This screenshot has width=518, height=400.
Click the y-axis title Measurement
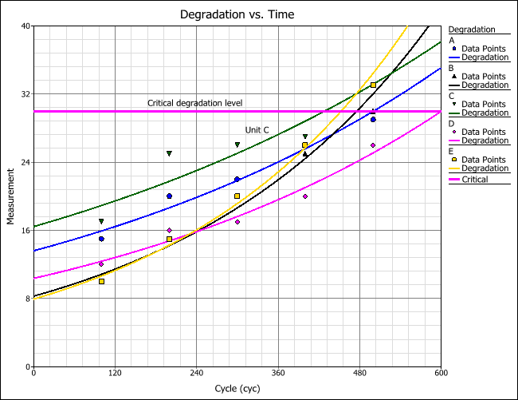[11, 196]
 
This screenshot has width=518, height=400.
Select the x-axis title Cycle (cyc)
[237, 388]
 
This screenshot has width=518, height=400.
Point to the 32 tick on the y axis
[25, 94]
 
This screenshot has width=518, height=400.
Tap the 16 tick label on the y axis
[25, 231]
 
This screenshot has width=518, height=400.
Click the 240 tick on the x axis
[196, 373]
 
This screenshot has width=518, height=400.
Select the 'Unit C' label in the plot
[257, 129]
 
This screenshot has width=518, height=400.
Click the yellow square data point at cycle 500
[373, 85]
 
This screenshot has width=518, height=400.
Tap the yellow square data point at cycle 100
[101, 281]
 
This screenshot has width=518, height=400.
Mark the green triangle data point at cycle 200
[169, 153]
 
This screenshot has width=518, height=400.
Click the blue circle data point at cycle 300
[237, 179]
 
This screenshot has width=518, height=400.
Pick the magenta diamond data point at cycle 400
[305, 196]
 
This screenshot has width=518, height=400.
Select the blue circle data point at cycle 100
[101, 239]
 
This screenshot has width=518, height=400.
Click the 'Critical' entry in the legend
[475, 180]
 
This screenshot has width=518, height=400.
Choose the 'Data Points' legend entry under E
[484, 159]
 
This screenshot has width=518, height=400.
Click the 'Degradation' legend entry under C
[485, 113]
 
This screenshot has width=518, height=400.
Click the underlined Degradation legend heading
[473, 30]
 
